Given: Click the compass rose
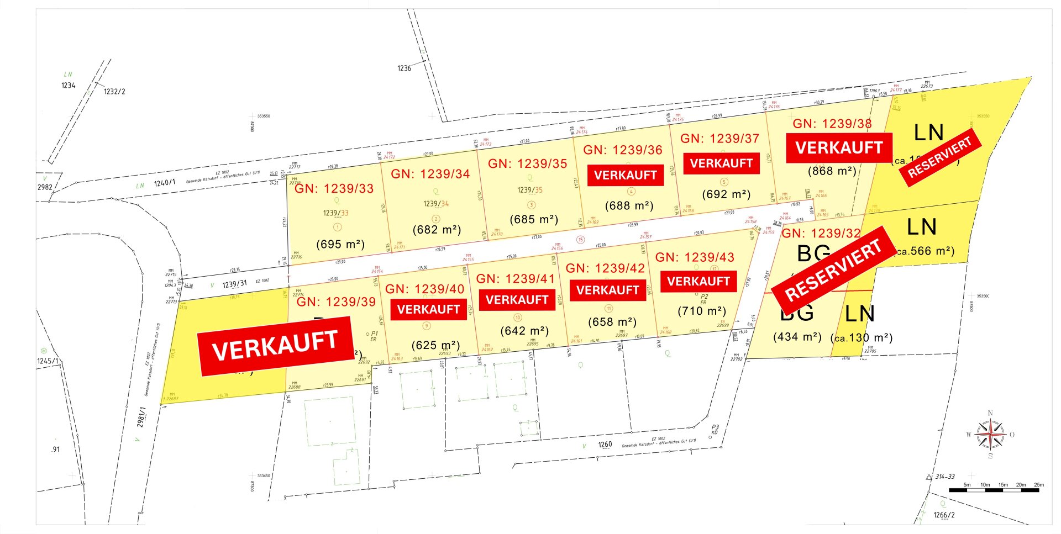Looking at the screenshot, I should tap(990, 435).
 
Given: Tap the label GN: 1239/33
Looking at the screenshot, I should tap(334, 189).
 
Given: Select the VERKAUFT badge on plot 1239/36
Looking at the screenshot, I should tap(625, 175).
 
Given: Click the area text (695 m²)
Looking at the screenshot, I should tap(340, 244).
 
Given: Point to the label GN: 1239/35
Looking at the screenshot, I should tap(527, 164).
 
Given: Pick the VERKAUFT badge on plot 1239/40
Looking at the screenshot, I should tap(428, 309).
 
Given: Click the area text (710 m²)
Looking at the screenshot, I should tap(702, 311).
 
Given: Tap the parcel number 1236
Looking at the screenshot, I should tap(404, 68).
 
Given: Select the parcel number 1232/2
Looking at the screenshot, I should tap(114, 92).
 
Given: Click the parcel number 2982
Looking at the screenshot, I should tap(45, 187).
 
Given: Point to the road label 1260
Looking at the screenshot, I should tap(605, 445).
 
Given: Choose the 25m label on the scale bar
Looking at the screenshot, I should tap(1039, 485).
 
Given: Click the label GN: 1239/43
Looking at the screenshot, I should tap(695, 257).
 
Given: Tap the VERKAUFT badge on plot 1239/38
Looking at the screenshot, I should tap(839, 148).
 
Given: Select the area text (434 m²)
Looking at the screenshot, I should tap(797, 337).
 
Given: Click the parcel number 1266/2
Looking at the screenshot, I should tap(944, 515).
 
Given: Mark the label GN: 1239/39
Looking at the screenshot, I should tap(336, 302).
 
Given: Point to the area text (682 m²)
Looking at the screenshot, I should tap(437, 230).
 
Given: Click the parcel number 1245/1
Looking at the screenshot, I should tap(48, 361).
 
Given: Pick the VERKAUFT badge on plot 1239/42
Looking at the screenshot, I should tap(607, 290).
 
